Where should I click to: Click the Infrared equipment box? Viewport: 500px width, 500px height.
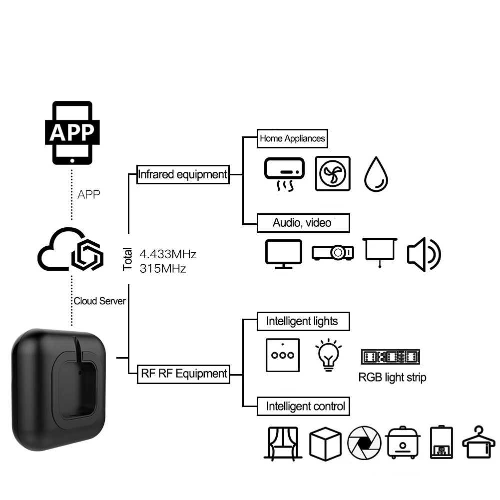[183, 174]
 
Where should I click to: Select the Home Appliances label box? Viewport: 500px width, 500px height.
[292, 138]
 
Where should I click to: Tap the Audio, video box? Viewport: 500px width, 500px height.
[303, 223]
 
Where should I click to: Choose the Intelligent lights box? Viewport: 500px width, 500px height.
[303, 321]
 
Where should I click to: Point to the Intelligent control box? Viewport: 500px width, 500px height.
[303, 406]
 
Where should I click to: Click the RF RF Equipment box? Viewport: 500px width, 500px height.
[183, 374]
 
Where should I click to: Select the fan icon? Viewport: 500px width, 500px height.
[333, 173]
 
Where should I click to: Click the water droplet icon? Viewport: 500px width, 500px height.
[376, 174]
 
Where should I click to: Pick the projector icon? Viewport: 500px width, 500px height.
[333, 253]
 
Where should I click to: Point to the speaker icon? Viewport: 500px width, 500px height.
[424, 254]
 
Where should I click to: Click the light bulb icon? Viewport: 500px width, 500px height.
[329, 355]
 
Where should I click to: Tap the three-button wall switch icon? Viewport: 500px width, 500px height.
[283, 355]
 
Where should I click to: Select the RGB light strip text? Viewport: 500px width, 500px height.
[392, 378]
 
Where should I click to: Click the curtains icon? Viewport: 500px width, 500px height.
[283, 444]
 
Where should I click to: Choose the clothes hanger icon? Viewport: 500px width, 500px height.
[479, 442]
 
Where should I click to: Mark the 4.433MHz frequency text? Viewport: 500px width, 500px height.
[168, 254]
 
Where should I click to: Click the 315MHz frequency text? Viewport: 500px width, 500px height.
[163, 269]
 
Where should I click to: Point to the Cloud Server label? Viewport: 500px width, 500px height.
[99, 301]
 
